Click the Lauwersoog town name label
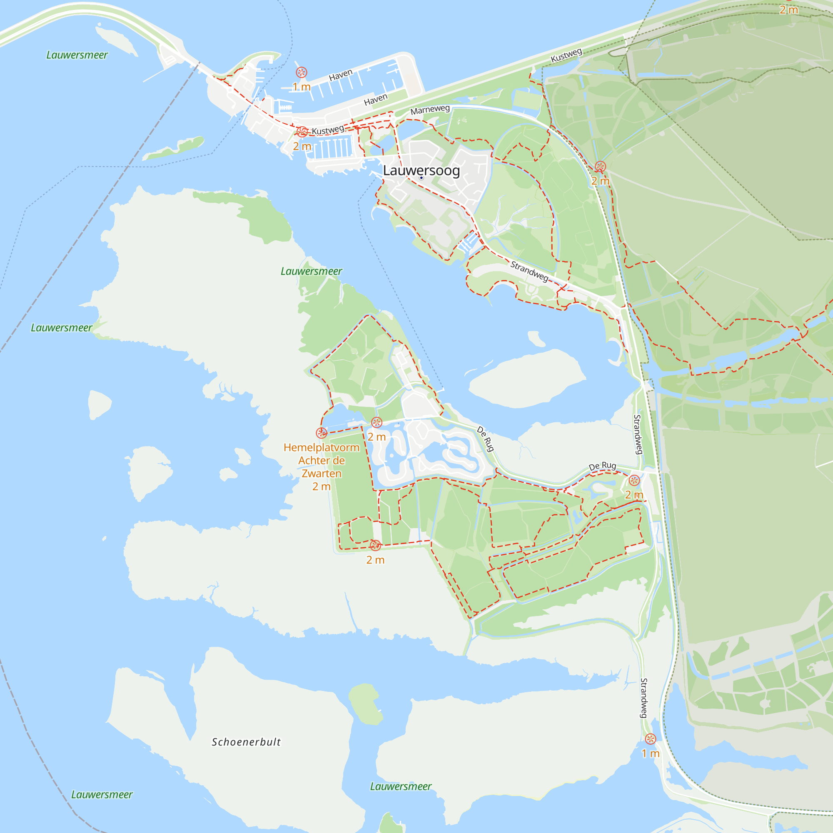(x=421, y=170)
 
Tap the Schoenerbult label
(x=246, y=742)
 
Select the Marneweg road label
(x=430, y=110)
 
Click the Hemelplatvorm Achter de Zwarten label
(x=321, y=461)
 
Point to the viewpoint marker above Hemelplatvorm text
(x=321, y=432)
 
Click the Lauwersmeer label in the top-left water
(x=77, y=55)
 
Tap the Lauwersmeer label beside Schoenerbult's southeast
(x=401, y=786)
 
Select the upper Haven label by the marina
(x=341, y=75)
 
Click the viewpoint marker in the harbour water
(x=302, y=72)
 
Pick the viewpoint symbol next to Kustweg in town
(x=302, y=132)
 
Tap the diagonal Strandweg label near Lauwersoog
(x=529, y=271)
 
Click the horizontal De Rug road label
(x=602, y=466)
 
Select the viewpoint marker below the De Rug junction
(x=634, y=480)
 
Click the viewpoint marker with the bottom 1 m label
(x=651, y=738)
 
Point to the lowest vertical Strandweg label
(x=643, y=698)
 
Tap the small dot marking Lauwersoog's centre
(x=421, y=178)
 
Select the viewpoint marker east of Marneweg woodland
(x=600, y=167)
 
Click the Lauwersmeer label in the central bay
(x=311, y=271)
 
